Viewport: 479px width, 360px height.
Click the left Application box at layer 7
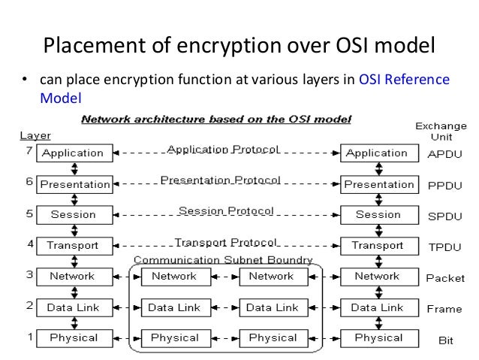coord(73,153)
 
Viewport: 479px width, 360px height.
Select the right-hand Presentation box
coord(379,184)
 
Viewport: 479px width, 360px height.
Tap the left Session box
coord(73,215)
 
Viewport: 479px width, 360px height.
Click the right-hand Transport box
coord(378,246)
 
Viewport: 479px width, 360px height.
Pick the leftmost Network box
coord(73,277)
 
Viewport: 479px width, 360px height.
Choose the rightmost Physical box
coord(378,338)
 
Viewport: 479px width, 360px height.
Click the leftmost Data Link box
coord(73,307)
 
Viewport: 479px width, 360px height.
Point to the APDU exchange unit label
coord(445,154)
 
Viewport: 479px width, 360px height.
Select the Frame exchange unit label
coord(445,309)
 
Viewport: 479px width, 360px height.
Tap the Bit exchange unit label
coord(445,340)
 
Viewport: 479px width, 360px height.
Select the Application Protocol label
coord(224,149)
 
